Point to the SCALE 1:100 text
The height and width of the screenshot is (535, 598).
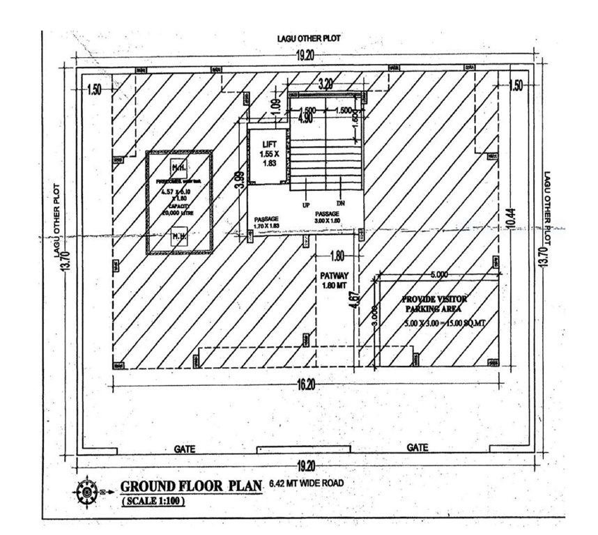pos(153,501)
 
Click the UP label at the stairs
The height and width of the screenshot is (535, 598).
pos(305,206)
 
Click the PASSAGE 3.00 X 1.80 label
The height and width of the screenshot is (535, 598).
pos(328,217)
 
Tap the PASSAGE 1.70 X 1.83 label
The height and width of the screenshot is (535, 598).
pos(266,222)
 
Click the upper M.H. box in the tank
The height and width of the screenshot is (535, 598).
pos(178,167)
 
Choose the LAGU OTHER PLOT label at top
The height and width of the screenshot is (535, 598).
pos(309,39)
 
